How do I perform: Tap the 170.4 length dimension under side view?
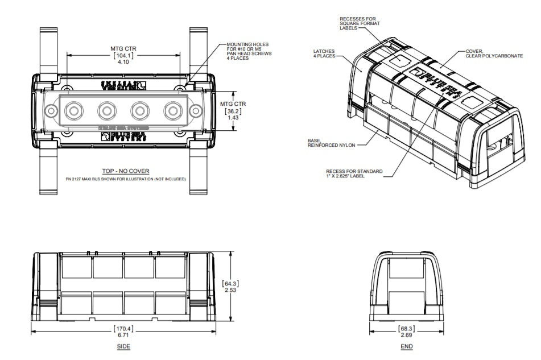pyautogui.click(x=125, y=329)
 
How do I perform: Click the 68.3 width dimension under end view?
pyautogui.click(x=406, y=329)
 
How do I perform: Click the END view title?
pyautogui.click(x=406, y=347)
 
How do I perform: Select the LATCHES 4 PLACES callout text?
pyautogui.click(x=324, y=54)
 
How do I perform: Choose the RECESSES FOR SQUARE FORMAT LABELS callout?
pyautogui.click(x=360, y=23)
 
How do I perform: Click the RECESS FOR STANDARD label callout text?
pyautogui.click(x=354, y=173)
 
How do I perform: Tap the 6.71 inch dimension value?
pyautogui.click(x=125, y=336)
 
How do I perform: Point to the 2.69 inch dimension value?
pyautogui.click(x=406, y=336)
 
